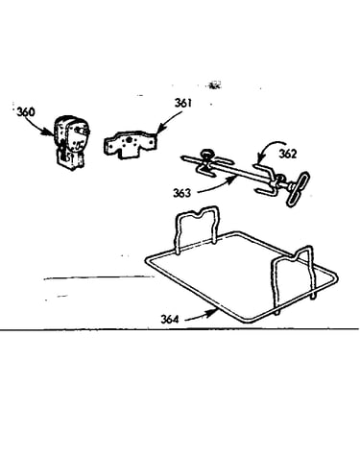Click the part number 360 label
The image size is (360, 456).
coord(26,112)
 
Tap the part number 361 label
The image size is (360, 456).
coord(183,103)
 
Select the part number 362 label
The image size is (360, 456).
coord(288,154)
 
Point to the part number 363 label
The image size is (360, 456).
coord(181,193)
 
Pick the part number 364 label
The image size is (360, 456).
coord(170,319)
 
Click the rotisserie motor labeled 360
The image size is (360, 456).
coord(71,141)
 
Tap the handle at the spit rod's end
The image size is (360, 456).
coord(298,189)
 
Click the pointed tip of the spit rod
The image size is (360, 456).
coord(181,157)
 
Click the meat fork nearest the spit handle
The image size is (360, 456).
coord(265,180)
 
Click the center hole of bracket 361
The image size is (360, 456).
coord(129,140)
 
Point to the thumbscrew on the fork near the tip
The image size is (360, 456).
coord(206,155)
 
